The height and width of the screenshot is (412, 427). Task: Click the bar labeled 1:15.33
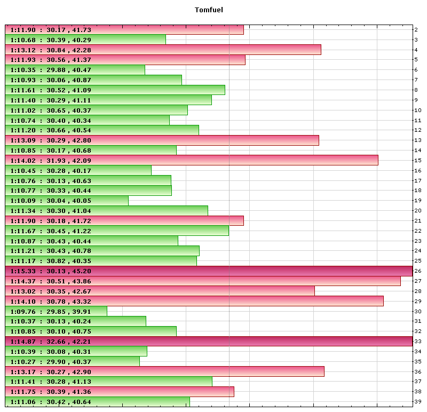pyautogui.click(x=208, y=271)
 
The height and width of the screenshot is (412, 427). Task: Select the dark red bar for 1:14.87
pyautogui.click(x=208, y=342)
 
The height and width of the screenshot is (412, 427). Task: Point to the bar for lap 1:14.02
pyautogui.click(x=192, y=160)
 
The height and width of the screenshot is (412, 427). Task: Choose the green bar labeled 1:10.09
pyautogui.click(x=67, y=201)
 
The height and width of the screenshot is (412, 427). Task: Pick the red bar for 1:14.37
pyautogui.click(x=203, y=281)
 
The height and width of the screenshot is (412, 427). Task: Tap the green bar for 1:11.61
pyautogui.click(x=115, y=90)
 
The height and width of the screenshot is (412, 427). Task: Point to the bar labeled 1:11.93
pyautogui.click(x=125, y=60)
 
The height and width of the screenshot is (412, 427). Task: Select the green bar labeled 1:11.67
pyautogui.click(x=117, y=231)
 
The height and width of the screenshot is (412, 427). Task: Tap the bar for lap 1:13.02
pyautogui.click(x=160, y=291)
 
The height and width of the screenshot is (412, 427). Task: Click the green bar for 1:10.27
pyautogui.click(x=72, y=361)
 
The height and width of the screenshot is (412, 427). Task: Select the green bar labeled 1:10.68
pyautogui.click(x=85, y=39)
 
